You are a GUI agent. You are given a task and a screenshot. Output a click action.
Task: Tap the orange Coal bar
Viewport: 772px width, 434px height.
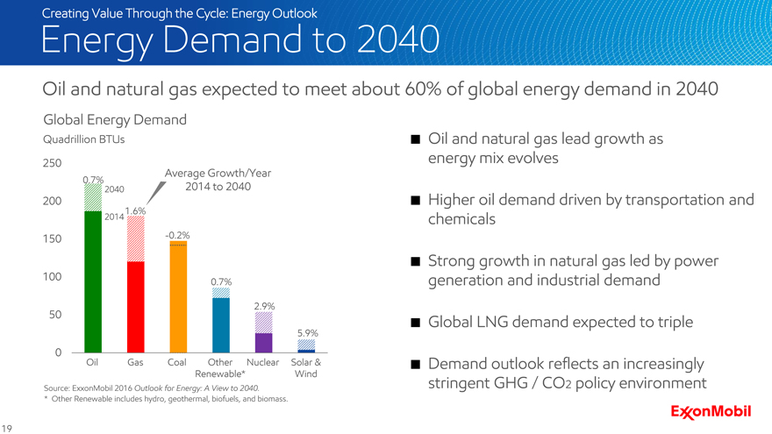(178, 297)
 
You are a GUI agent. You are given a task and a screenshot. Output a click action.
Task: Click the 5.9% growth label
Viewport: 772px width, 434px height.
(307, 333)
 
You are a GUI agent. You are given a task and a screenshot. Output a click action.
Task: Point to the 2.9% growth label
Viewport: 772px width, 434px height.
(265, 306)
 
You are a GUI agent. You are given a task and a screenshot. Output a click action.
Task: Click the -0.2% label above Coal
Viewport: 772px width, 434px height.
(177, 236)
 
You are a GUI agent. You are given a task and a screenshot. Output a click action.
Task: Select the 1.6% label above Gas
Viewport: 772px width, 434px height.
(135, 211)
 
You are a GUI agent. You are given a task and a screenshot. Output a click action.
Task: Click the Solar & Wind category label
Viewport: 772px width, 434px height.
(306, 368)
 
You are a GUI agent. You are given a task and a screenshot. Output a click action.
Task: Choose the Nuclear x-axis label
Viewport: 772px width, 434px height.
(263, 362)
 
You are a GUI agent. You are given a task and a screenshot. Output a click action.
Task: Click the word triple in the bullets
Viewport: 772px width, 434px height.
(670, 323)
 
